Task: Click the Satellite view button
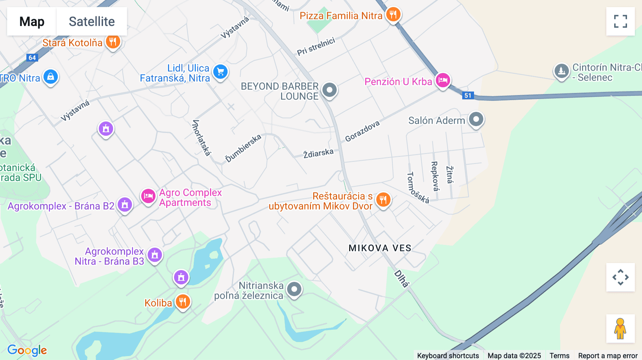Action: click(x=92, y=21)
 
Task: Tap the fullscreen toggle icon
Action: click(x=620, y=21)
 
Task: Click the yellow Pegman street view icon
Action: click(x=620, y=329)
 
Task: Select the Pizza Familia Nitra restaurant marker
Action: click(x=393, y=15)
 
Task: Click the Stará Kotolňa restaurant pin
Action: click(x=113, y=42)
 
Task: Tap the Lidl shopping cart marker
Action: click(x=220, y=72)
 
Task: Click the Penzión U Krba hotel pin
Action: click(x=443, y=80)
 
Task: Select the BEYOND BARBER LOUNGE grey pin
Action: click(x=329, y=90)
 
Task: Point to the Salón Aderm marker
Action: click(x=476, y=119)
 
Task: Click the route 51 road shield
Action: click(x=468, y=96)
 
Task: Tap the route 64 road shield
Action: click(x=32, y=58)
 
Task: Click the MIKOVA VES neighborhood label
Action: click(x=380, y=248)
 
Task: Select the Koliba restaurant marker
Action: click(x=183, y=302)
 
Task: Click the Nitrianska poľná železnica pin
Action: click(x=294, y=289)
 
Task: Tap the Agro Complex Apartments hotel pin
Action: click(x=148, y=196)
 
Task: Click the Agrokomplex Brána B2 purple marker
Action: click(x=125, y=205)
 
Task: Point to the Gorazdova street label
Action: click(x=362, y=131)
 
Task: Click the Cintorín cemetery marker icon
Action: click(x=561, y=71)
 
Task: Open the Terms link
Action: click(x=559, y=355)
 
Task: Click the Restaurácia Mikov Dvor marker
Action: click(x=383, y=200)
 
